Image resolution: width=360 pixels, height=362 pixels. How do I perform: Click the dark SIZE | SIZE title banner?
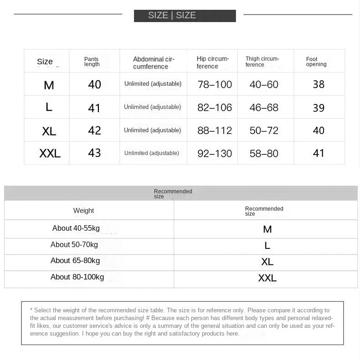pyautogui.click(x=185, y=16)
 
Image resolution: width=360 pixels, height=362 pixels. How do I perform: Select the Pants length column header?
pyautogui.click(x=92, y=62)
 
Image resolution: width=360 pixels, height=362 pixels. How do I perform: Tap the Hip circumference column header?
pyautogui.click(x=212, y=62)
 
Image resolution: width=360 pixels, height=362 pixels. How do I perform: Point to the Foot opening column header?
pyautogui.click(x=316, y=62)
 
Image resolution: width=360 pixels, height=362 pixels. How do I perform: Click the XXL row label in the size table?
pyautogui.click(x=50, y=154)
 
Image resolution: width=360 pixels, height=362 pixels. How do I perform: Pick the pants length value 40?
pyautogui.click(x=94, y=84)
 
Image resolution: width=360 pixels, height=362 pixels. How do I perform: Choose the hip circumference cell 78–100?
pyautogui.click(x=215, y=84)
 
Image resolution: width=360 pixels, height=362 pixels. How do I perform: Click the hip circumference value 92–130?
pyautogui.click(x=215, y=154)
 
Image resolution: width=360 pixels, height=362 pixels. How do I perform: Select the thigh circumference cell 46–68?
pyautogui.click(x=264, y=108)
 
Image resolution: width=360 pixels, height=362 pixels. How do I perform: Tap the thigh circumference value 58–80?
pyautogui.click(x=264, y=154)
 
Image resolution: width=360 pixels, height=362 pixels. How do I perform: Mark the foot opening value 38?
pyautogui.click(x=319, y=84)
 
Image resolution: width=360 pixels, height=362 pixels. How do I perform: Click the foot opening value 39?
pyautogui.click(x=319, y=108)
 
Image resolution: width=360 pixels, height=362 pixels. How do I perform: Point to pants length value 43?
pyautogui.click(x=94, y=153)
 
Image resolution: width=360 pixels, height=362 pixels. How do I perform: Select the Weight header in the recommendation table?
pyautogui.click(x=83, y=211)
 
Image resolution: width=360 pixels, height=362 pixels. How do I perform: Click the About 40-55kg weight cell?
pyautogui.click(x=76, y=228)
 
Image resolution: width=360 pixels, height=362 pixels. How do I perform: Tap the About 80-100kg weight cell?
pyautogui.click(x=77, y=277)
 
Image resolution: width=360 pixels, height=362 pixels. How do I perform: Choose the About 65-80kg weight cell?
pyautogui.click(x=75, y=260)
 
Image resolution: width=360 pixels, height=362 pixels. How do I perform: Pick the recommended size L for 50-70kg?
pyautogui.click(x=267, y=246)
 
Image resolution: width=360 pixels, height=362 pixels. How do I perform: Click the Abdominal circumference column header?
pyautogui.click(x=154, y=63)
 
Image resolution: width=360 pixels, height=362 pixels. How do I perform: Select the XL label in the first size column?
pyautogui.click(x=49, y=131)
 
